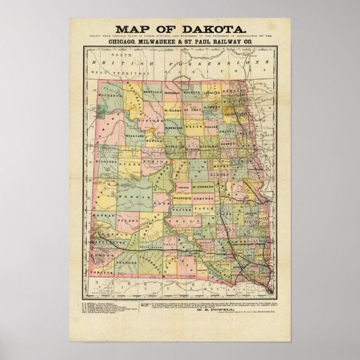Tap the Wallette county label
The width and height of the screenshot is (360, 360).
click(x=113, y=96)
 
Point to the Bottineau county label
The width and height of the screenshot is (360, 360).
click(x=175, y=92)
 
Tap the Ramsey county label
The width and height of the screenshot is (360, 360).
click(x=213, y=105)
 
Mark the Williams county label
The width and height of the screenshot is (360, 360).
click(x=134, y=120)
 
